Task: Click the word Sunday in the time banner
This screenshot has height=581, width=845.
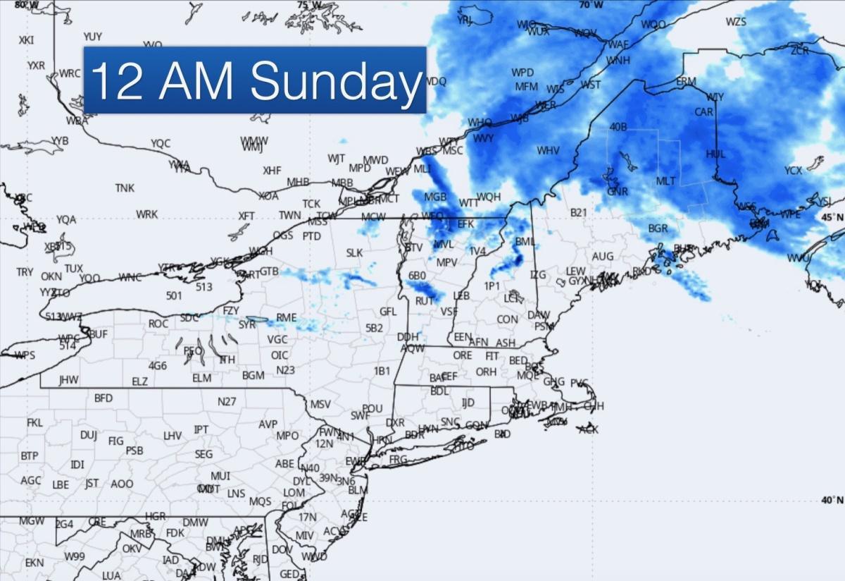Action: [335, 81]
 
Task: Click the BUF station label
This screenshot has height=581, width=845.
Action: [98, 334]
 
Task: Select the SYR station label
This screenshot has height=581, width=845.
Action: [247, 324]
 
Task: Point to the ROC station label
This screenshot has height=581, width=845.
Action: [158, 324]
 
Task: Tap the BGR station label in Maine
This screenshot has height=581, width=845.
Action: [658, 228]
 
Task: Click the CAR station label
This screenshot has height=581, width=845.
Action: [703, 112]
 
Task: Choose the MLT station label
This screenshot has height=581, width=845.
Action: [665, 181]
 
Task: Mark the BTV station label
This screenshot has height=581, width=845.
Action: [413, 247]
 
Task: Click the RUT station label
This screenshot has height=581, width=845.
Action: [424, 300]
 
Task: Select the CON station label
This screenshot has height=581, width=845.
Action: [507, 319]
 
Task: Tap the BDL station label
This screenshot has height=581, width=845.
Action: [439, 391]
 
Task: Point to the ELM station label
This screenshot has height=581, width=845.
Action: [201, 378]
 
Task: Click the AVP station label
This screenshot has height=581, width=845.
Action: [268, 424]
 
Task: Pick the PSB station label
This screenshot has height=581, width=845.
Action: [134, 451]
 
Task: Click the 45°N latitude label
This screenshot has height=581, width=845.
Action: [832, 217]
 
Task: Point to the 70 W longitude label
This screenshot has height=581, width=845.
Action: [591, 5]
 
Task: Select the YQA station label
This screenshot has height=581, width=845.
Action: [66, 219]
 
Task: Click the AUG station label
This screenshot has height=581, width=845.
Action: [602, 257]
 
